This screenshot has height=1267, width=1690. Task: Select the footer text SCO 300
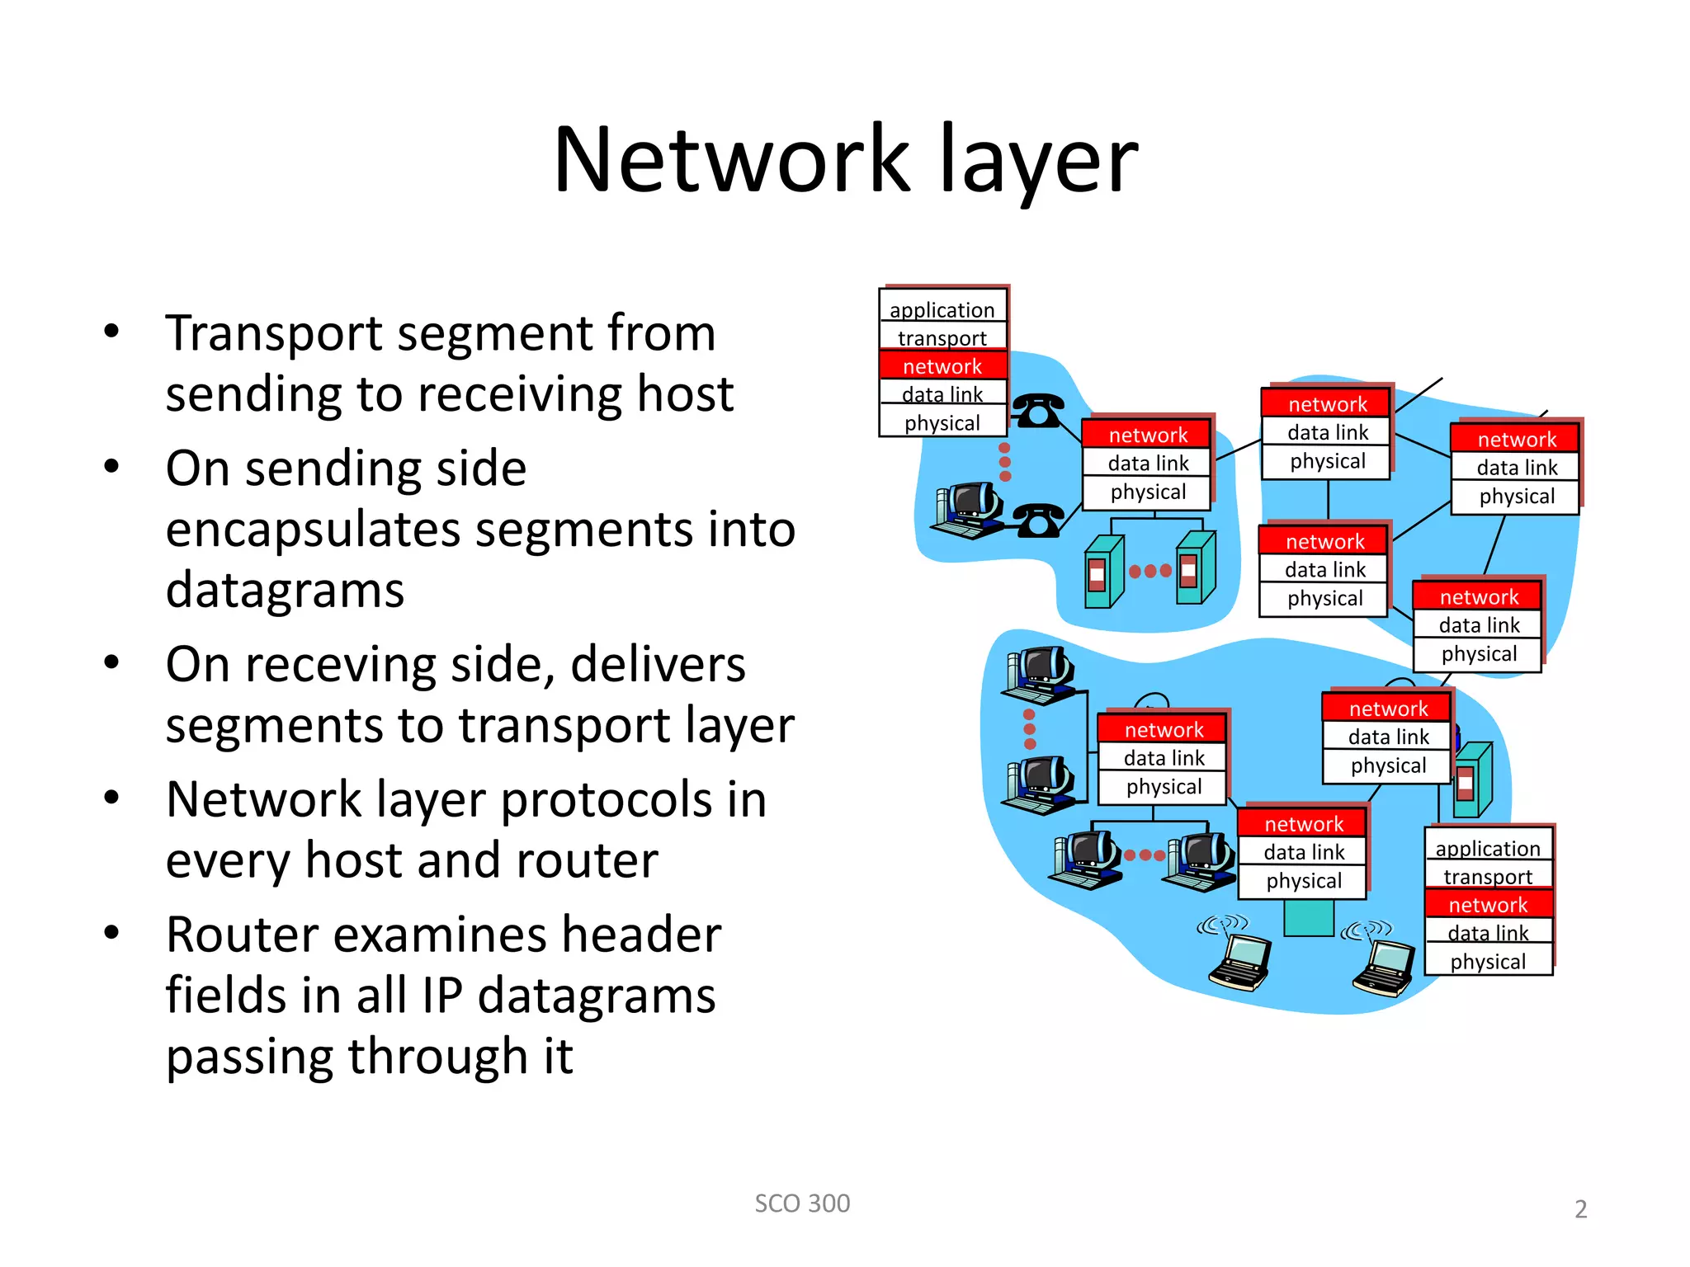(802, 1203)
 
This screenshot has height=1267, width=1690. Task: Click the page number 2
(1580, 1209)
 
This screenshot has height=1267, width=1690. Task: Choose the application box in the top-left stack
(942, 309)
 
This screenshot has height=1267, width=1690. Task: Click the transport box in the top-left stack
(942, 337)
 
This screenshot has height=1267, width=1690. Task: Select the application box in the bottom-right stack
(1488, 848)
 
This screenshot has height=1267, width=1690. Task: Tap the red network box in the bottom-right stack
(1488, 904)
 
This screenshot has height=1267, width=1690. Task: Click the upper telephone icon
(1037, 410)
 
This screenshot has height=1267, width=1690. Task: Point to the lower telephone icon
(1037, 520)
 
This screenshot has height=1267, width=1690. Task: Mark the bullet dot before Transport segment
(111, 332)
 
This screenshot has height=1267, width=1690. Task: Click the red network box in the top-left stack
(942, 365)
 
